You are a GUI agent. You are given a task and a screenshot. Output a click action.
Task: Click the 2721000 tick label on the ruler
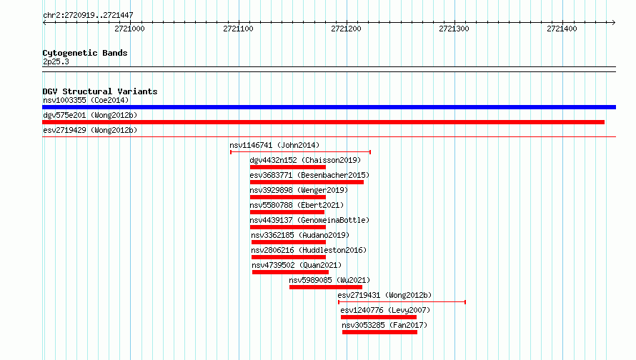[129, 29]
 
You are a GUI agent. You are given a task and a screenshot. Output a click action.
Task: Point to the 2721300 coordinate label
[454, 29]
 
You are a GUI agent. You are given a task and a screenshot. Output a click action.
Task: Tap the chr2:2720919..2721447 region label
[88, 16]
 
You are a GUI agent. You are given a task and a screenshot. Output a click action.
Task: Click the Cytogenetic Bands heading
[85, 53]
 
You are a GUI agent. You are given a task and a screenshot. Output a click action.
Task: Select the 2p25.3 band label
[56, 62]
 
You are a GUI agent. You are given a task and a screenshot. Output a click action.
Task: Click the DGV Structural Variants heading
[100, 91]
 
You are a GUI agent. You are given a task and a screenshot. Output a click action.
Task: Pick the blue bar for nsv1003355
[329, 107]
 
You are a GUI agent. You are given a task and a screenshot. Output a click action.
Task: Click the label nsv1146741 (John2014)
[274, 145]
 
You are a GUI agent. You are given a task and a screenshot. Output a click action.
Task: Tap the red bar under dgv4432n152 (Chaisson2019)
[288, 167]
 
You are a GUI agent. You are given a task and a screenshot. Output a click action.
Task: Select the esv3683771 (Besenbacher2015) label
[309, 175]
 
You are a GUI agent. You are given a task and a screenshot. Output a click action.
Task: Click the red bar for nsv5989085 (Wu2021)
[326, 287]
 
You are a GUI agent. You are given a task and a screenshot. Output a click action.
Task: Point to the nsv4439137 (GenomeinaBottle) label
[309, 220]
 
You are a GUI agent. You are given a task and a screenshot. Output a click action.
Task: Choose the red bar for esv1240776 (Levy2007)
[379, 317]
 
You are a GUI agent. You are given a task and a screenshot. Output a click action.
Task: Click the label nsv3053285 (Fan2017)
[384, 325]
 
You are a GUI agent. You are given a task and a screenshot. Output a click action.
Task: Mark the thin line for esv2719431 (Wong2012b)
[402, 302]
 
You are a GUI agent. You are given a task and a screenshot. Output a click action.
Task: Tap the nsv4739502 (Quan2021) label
[297, 265]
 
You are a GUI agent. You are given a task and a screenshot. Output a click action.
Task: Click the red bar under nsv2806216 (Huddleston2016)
[289, 257]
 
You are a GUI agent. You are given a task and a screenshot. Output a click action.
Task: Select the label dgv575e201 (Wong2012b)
[90, 115]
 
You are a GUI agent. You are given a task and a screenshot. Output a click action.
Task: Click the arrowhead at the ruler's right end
[614, 22]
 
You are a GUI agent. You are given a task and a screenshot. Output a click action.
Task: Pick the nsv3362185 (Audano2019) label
[300, 235]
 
